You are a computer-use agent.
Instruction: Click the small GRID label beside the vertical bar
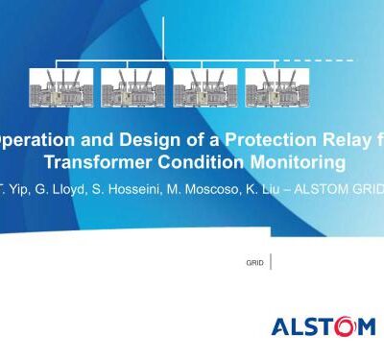point(255,261)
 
